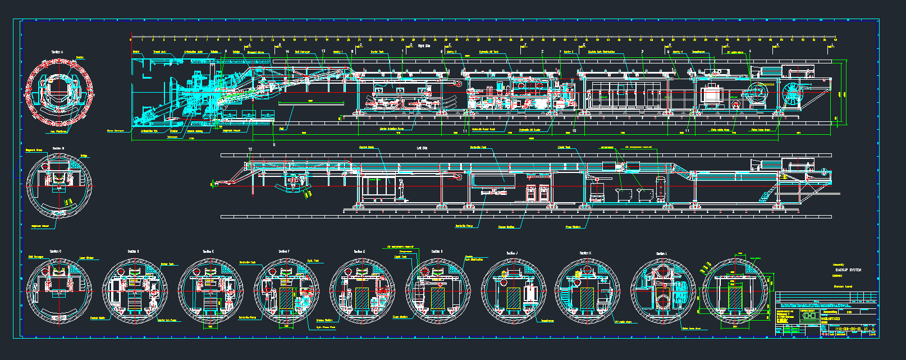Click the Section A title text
(x=57, y=52)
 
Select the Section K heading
(x=585, y=253)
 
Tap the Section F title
(x=284, y=252)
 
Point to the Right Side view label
(x=423, y=46)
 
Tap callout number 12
(x=250, y=149)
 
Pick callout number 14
(x=287, y=52)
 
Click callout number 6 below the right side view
(x=274, y=144)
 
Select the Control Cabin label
(x=367, y=148)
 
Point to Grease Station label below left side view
(x=506, y=227)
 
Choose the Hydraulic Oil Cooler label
(x=530, y=130)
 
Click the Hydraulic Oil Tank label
(x=488, y=52)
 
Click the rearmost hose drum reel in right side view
(x=793, y=93)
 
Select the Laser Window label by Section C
(x=86, y=258)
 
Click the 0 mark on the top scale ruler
(x=131, y=40)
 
